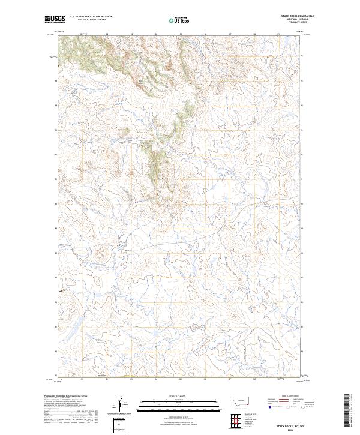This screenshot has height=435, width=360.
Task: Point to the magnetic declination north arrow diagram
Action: [122, 404]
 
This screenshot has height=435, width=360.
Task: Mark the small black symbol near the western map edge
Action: [62, 292]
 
